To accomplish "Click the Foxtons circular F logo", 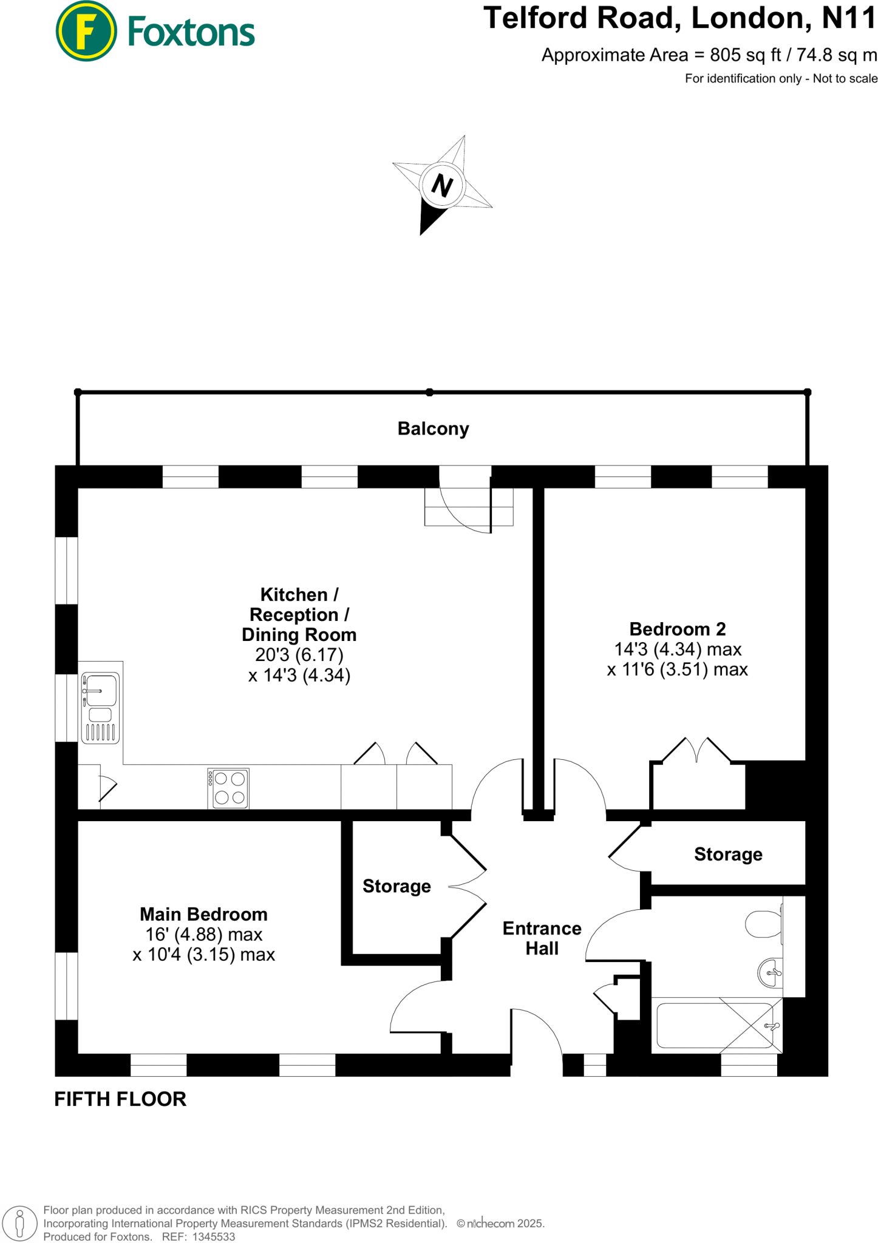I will pos(86,32).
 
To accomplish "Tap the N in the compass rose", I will pos(442,185).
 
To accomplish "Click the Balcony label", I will pos(433,428).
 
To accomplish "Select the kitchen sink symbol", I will pos(101,708).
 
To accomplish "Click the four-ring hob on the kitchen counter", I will pos(229,788).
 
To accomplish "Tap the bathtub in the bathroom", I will pos(715,1026).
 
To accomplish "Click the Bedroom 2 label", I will pos(677,629).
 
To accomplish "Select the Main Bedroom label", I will pos(203,914).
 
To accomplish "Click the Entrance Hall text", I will pos(542,938).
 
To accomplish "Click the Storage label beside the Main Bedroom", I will pos(396,886).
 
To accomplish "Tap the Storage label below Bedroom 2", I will pos(728,854).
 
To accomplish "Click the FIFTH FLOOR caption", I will pos(120,1099).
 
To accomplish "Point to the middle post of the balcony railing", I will pos(429,393).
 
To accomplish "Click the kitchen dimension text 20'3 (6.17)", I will pos(299,655).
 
